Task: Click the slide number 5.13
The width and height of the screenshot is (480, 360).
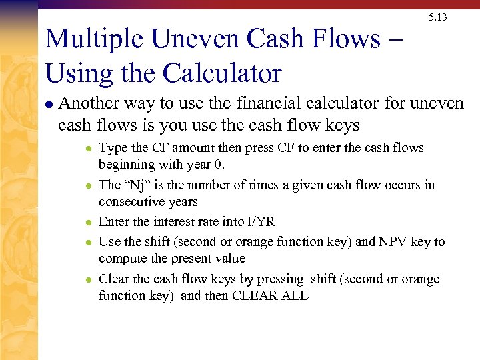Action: (x=438, y=17)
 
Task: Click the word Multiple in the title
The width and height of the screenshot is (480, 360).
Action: (x=93, y=39)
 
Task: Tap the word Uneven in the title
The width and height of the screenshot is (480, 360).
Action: (x=195, y=39)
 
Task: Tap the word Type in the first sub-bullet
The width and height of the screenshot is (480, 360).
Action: (x=111, y=148)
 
